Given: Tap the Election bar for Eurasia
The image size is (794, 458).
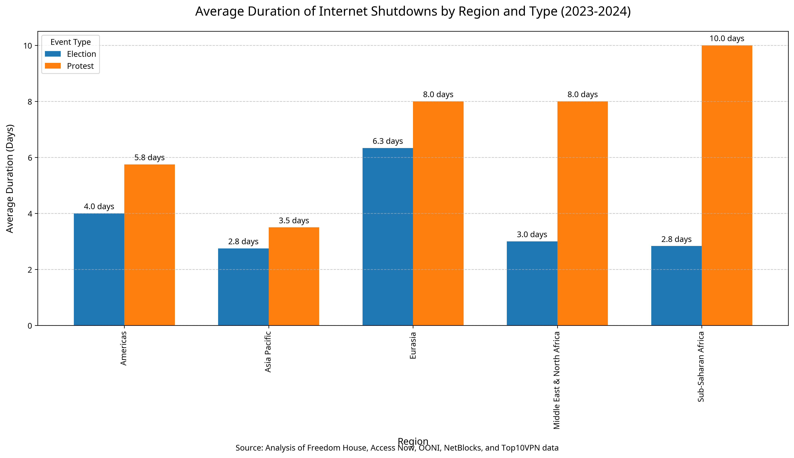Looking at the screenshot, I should point(387,237).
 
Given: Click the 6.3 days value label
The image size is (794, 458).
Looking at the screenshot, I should point(387,141).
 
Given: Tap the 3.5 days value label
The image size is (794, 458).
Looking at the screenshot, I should point(294,220).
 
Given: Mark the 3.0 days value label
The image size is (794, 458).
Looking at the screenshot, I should point(532,235).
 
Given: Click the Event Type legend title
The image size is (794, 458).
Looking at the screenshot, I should point(71,42).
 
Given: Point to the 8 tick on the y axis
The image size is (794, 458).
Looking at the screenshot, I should point(30,102).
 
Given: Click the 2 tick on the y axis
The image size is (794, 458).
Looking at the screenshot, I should point(30,270).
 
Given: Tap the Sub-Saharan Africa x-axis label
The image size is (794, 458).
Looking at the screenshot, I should point(701,367).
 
